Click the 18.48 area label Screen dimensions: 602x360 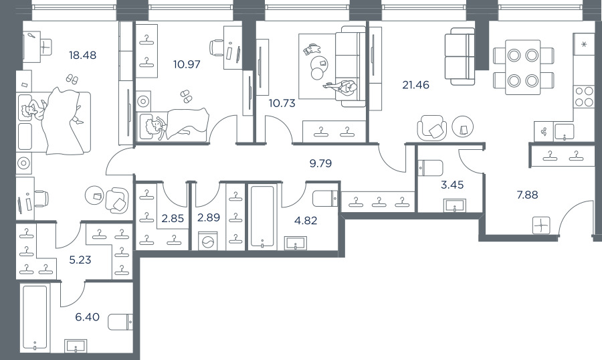[82, 56]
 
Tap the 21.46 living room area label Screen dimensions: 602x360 [416, 85]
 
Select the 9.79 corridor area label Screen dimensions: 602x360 [320, 164]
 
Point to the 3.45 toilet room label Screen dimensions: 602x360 [452, 185]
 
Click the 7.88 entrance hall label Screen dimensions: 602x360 [527, 195]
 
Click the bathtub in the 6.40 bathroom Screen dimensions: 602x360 [35, 317]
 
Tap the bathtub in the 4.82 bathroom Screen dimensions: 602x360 [262, 216]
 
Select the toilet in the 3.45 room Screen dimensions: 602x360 [430, 168]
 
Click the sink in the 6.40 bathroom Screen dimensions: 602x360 [76, 345]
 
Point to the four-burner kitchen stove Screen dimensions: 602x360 [584, 96]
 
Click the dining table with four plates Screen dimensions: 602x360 [523, 67]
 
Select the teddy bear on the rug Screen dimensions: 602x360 [312, 49]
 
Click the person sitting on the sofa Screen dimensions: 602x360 [343, 88]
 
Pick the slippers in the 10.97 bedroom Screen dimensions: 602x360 [186, 96]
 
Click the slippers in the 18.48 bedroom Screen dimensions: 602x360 [72, 79]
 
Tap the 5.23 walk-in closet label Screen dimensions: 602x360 [80, 260]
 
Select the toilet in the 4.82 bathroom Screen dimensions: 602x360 [325, 199]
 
